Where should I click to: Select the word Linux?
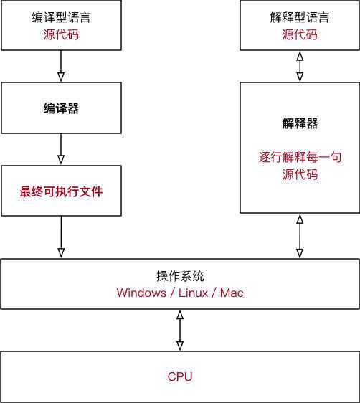190,293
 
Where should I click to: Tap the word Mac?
232,293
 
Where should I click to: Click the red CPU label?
180,376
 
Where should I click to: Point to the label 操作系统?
180,276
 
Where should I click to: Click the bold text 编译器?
61,108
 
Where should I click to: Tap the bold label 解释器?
300,123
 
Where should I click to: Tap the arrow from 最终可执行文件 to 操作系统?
61,237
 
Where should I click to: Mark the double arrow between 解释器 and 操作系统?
300,237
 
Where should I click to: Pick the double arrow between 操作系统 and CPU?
180,330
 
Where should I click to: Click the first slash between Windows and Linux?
169,293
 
